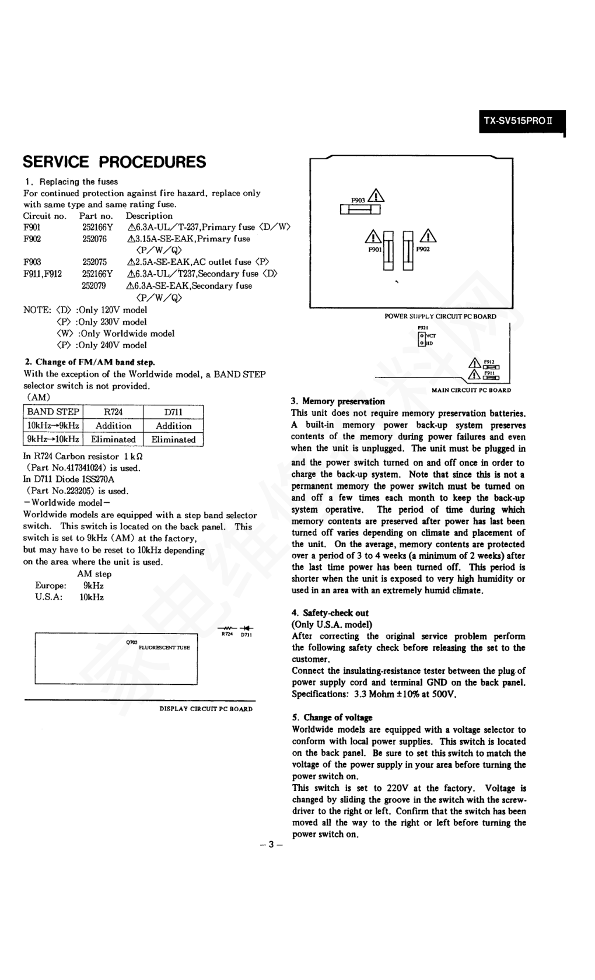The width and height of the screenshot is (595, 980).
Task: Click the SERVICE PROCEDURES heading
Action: click(x=114, y=162)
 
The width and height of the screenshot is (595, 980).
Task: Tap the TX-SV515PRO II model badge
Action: click(x=521, y=122)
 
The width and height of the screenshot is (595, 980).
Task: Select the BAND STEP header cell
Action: click(x=53, y=411)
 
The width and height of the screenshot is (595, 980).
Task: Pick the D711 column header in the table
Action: click(x=173, y=412)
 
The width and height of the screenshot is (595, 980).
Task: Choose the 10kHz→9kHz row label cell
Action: click(x=53, y=426)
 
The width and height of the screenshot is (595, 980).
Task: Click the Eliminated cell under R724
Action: click(x=113, y=440)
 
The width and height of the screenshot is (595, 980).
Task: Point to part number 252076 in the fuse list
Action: click(x=94, y=239)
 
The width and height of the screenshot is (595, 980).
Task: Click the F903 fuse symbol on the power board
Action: click(x=360, y=209)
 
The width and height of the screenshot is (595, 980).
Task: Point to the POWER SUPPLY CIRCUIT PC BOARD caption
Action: click(x=440, y=316)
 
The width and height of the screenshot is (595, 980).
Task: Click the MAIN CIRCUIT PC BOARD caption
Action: click(x=471, y=390)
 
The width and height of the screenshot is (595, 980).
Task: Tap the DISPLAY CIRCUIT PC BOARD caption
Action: click(x=206, y=709)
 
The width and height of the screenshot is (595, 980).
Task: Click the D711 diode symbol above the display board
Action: click(x=246, y=628)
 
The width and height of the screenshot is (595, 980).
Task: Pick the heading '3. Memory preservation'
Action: click(x=338, y=401)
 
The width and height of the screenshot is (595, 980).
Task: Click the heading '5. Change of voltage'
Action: click(x=332, y=717)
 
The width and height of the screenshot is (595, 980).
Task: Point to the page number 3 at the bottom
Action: click(x=271, y=845)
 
